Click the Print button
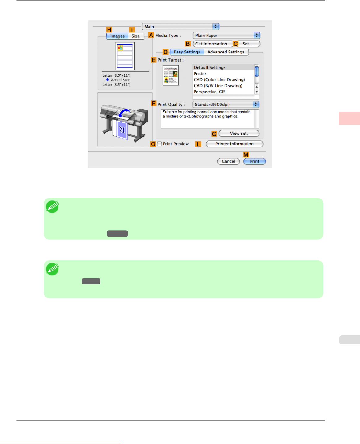click(x=254, y=161)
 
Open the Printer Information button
click(x=234, y=144)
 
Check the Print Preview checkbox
click(x=160, y=144)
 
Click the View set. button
click(x=239, y=134)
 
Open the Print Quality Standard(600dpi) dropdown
click(x=226, y=105)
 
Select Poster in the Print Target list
click(x=200, y=74)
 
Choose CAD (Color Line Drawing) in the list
click(x=219, y=80)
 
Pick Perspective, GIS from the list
click(x=210, y=92)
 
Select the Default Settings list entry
click(x=210, y=68)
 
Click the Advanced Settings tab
click(x=226, y=52)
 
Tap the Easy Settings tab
click(x=187, y=52)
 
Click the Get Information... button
click(x=213, y=44)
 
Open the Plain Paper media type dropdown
click(x=226, y=36)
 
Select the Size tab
click(x=136, y=36)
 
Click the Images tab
click(x=118, y=36)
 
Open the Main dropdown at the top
click(x=181, y=27)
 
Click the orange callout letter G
click(x=214, y=134)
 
